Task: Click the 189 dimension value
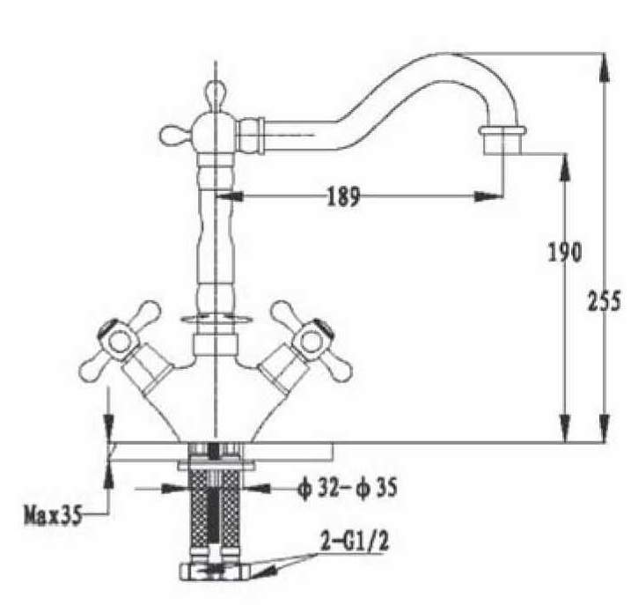[x=343, y=196]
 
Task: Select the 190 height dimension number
[x=565, y=253]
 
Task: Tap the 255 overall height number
[x=605, y=301]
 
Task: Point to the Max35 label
[x=53, y=514]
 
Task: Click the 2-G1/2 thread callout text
[x=355, y=541]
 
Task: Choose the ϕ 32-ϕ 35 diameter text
[x=347, y=488]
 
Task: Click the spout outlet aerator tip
[x=503, y=140]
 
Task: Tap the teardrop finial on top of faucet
[x=216, y=94]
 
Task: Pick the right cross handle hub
[x=312, y=341]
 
